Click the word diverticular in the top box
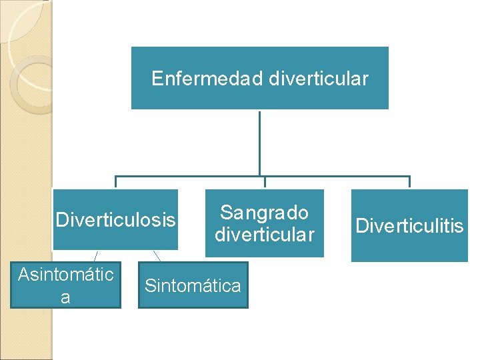(x=318, y=79)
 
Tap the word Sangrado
(x=264, y=213)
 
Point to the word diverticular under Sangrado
(x=264, y=235)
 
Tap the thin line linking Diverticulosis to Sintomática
(x=157, y=255)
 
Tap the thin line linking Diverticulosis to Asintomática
(x=97, y=255)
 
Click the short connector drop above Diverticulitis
(x=409, y=182)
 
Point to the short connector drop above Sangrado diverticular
(x=265, y=182)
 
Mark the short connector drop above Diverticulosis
(x=116, y=182)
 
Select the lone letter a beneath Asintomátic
(x=65, y=297)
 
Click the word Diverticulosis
(x=115, y=219)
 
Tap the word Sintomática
(x=193, y=286)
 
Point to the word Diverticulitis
(x=409, y=226)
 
